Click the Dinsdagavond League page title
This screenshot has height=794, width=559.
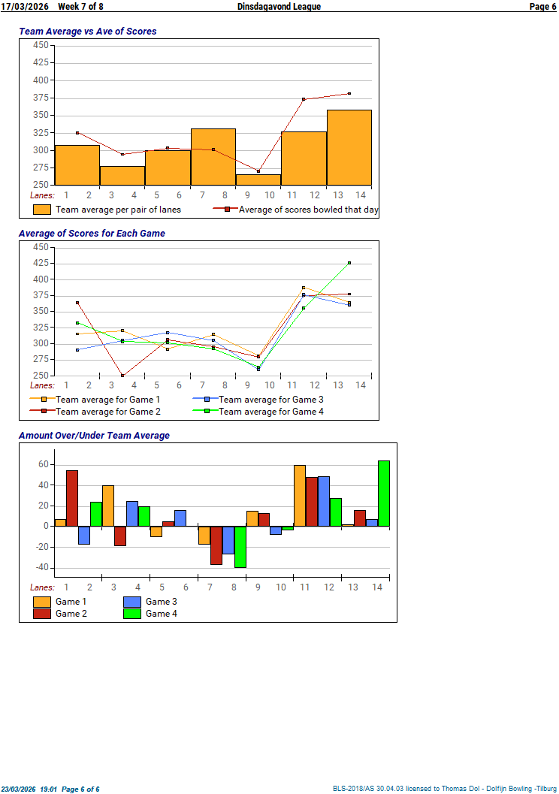(279, 7)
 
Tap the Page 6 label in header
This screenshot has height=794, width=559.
(542, 7)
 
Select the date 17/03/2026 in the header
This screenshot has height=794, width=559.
(25, 7)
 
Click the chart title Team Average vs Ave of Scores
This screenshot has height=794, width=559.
(87, 32)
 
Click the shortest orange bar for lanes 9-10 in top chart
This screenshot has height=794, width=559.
(258, 180)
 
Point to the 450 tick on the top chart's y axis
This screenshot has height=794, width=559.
(41, 45)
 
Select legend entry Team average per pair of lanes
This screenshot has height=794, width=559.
(118, 210)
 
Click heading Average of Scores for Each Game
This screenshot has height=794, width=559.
(92, 234)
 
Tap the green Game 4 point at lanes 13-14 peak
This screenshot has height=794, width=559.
(349, 263)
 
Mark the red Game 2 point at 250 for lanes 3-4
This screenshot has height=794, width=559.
(122, 375)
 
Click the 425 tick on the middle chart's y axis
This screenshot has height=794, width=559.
(41, 264)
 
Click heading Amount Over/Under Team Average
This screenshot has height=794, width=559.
(94, 436)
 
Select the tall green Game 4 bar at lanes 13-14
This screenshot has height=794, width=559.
(384, 493)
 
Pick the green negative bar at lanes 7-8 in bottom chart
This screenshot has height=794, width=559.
(240, 546)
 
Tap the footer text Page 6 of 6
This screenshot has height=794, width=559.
(80, 789)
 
